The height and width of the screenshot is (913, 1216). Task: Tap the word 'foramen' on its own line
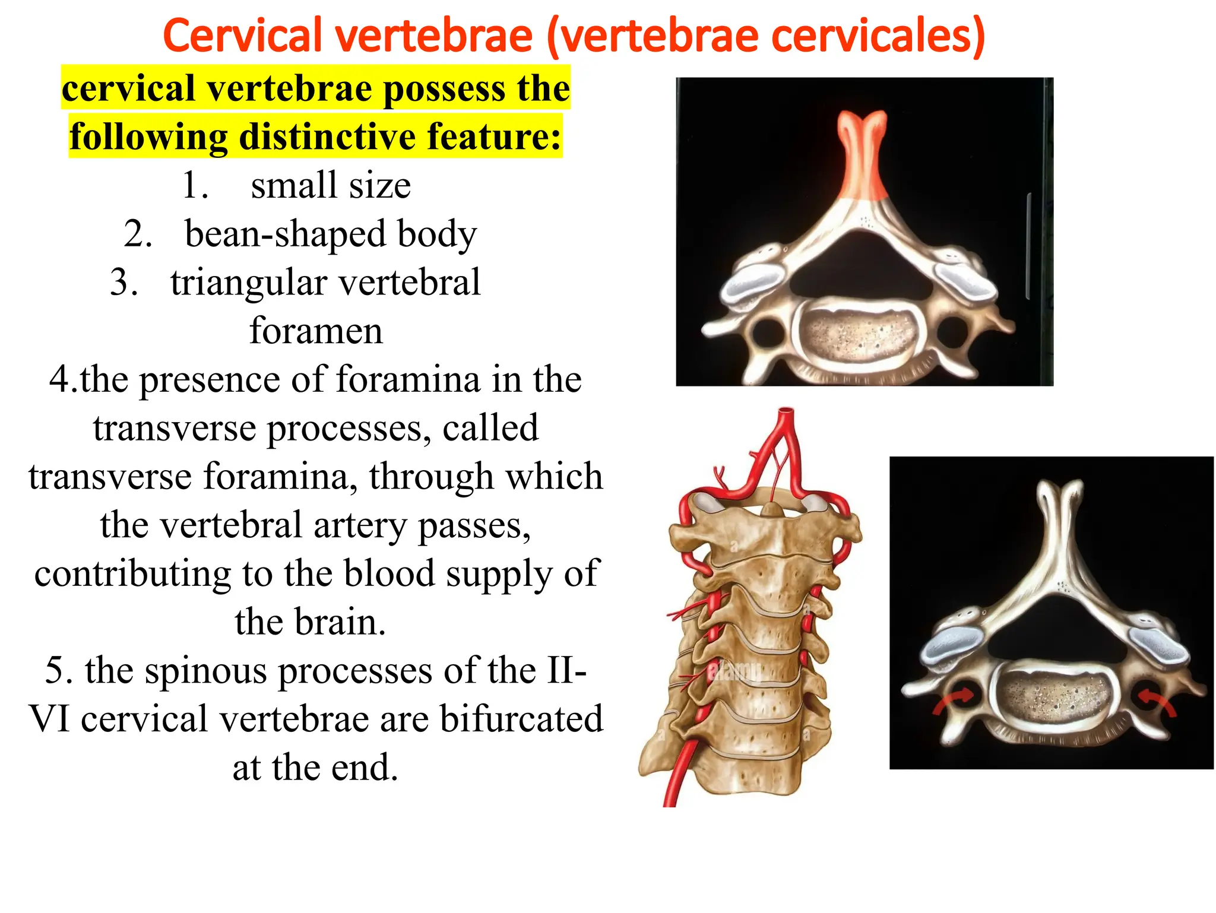pos(316,331)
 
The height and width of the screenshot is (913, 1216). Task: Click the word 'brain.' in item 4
pos(310,622)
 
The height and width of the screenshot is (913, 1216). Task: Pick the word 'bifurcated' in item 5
pos(521,719)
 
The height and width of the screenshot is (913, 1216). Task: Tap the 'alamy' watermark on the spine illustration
pos(734,671)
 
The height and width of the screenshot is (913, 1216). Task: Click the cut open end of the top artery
pos(786,411)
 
